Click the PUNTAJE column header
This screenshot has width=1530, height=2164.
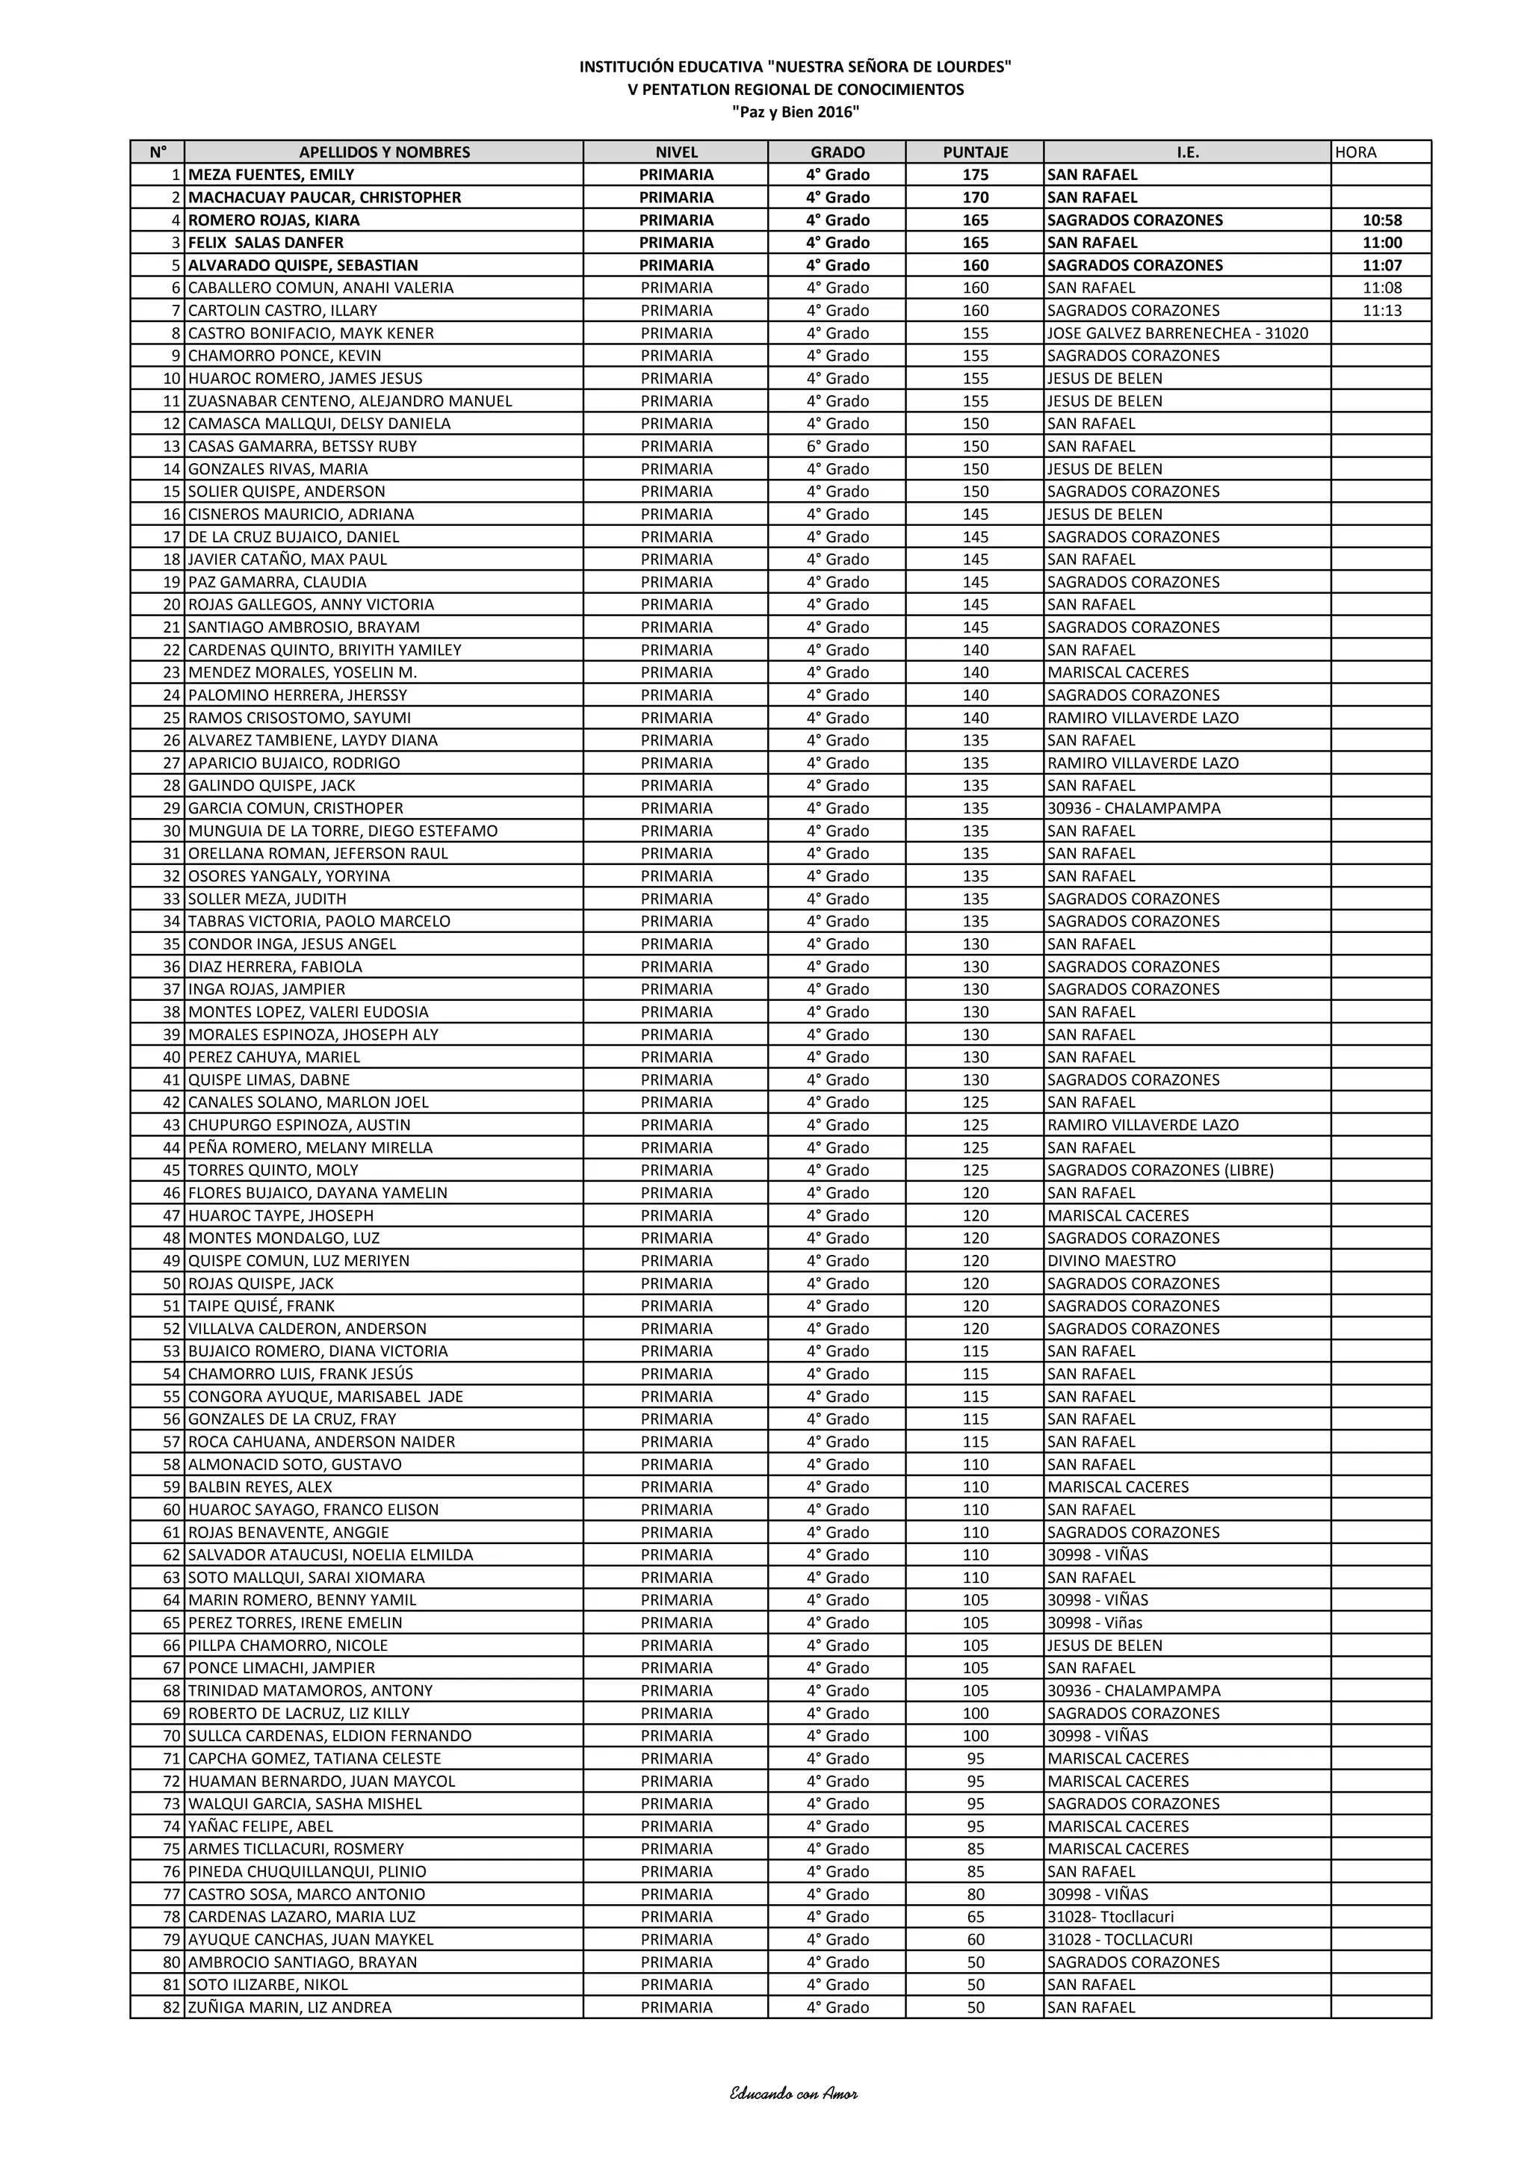click(x=975, y=152)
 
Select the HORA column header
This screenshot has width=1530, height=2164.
click(x=1356, y=152)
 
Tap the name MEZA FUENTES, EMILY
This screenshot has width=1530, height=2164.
click(x=271, y=174)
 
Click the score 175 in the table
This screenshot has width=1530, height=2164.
click(x=975, y=174)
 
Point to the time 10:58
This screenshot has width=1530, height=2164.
click(x=1382, y=220)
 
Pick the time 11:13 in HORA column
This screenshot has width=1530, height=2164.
click(x=1382, y=310)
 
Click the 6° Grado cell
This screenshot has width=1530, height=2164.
click(x=837, y=446)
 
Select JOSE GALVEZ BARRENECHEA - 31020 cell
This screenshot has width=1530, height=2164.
click(x=1177, y=332)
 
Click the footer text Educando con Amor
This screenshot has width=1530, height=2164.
click(x=793, y=2093)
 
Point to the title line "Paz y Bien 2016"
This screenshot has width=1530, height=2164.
click(x=796, y=112)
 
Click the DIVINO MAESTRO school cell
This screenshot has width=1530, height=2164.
click(x=1112, y=1260)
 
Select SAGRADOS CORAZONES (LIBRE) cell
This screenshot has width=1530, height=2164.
click(x=1159, y=1170)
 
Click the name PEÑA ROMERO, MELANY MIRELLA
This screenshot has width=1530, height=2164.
click(x=310, y=1147)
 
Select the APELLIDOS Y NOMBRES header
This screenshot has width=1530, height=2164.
click(x=385, y=152)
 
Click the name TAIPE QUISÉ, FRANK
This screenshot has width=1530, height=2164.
click(x=261, y=1306)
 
